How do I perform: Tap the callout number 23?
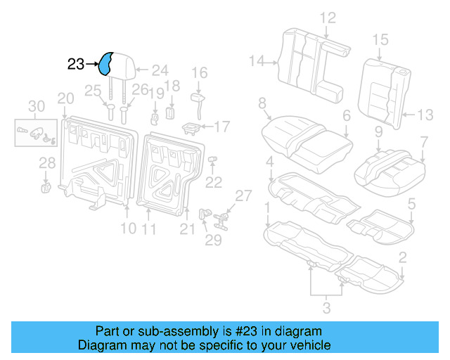(76, 65)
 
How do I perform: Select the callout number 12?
(328, 18)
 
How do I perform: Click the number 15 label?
(380, 39)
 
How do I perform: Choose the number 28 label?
(46, 163)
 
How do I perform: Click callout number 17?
(221, 127)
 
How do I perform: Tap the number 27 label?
(243, 196)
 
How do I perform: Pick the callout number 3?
(325, 307)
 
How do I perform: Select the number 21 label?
(186, 228)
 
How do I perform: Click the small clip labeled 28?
(46, 187)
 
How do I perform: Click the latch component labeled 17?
(191, 127)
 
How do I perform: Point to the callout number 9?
(378, 131)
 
